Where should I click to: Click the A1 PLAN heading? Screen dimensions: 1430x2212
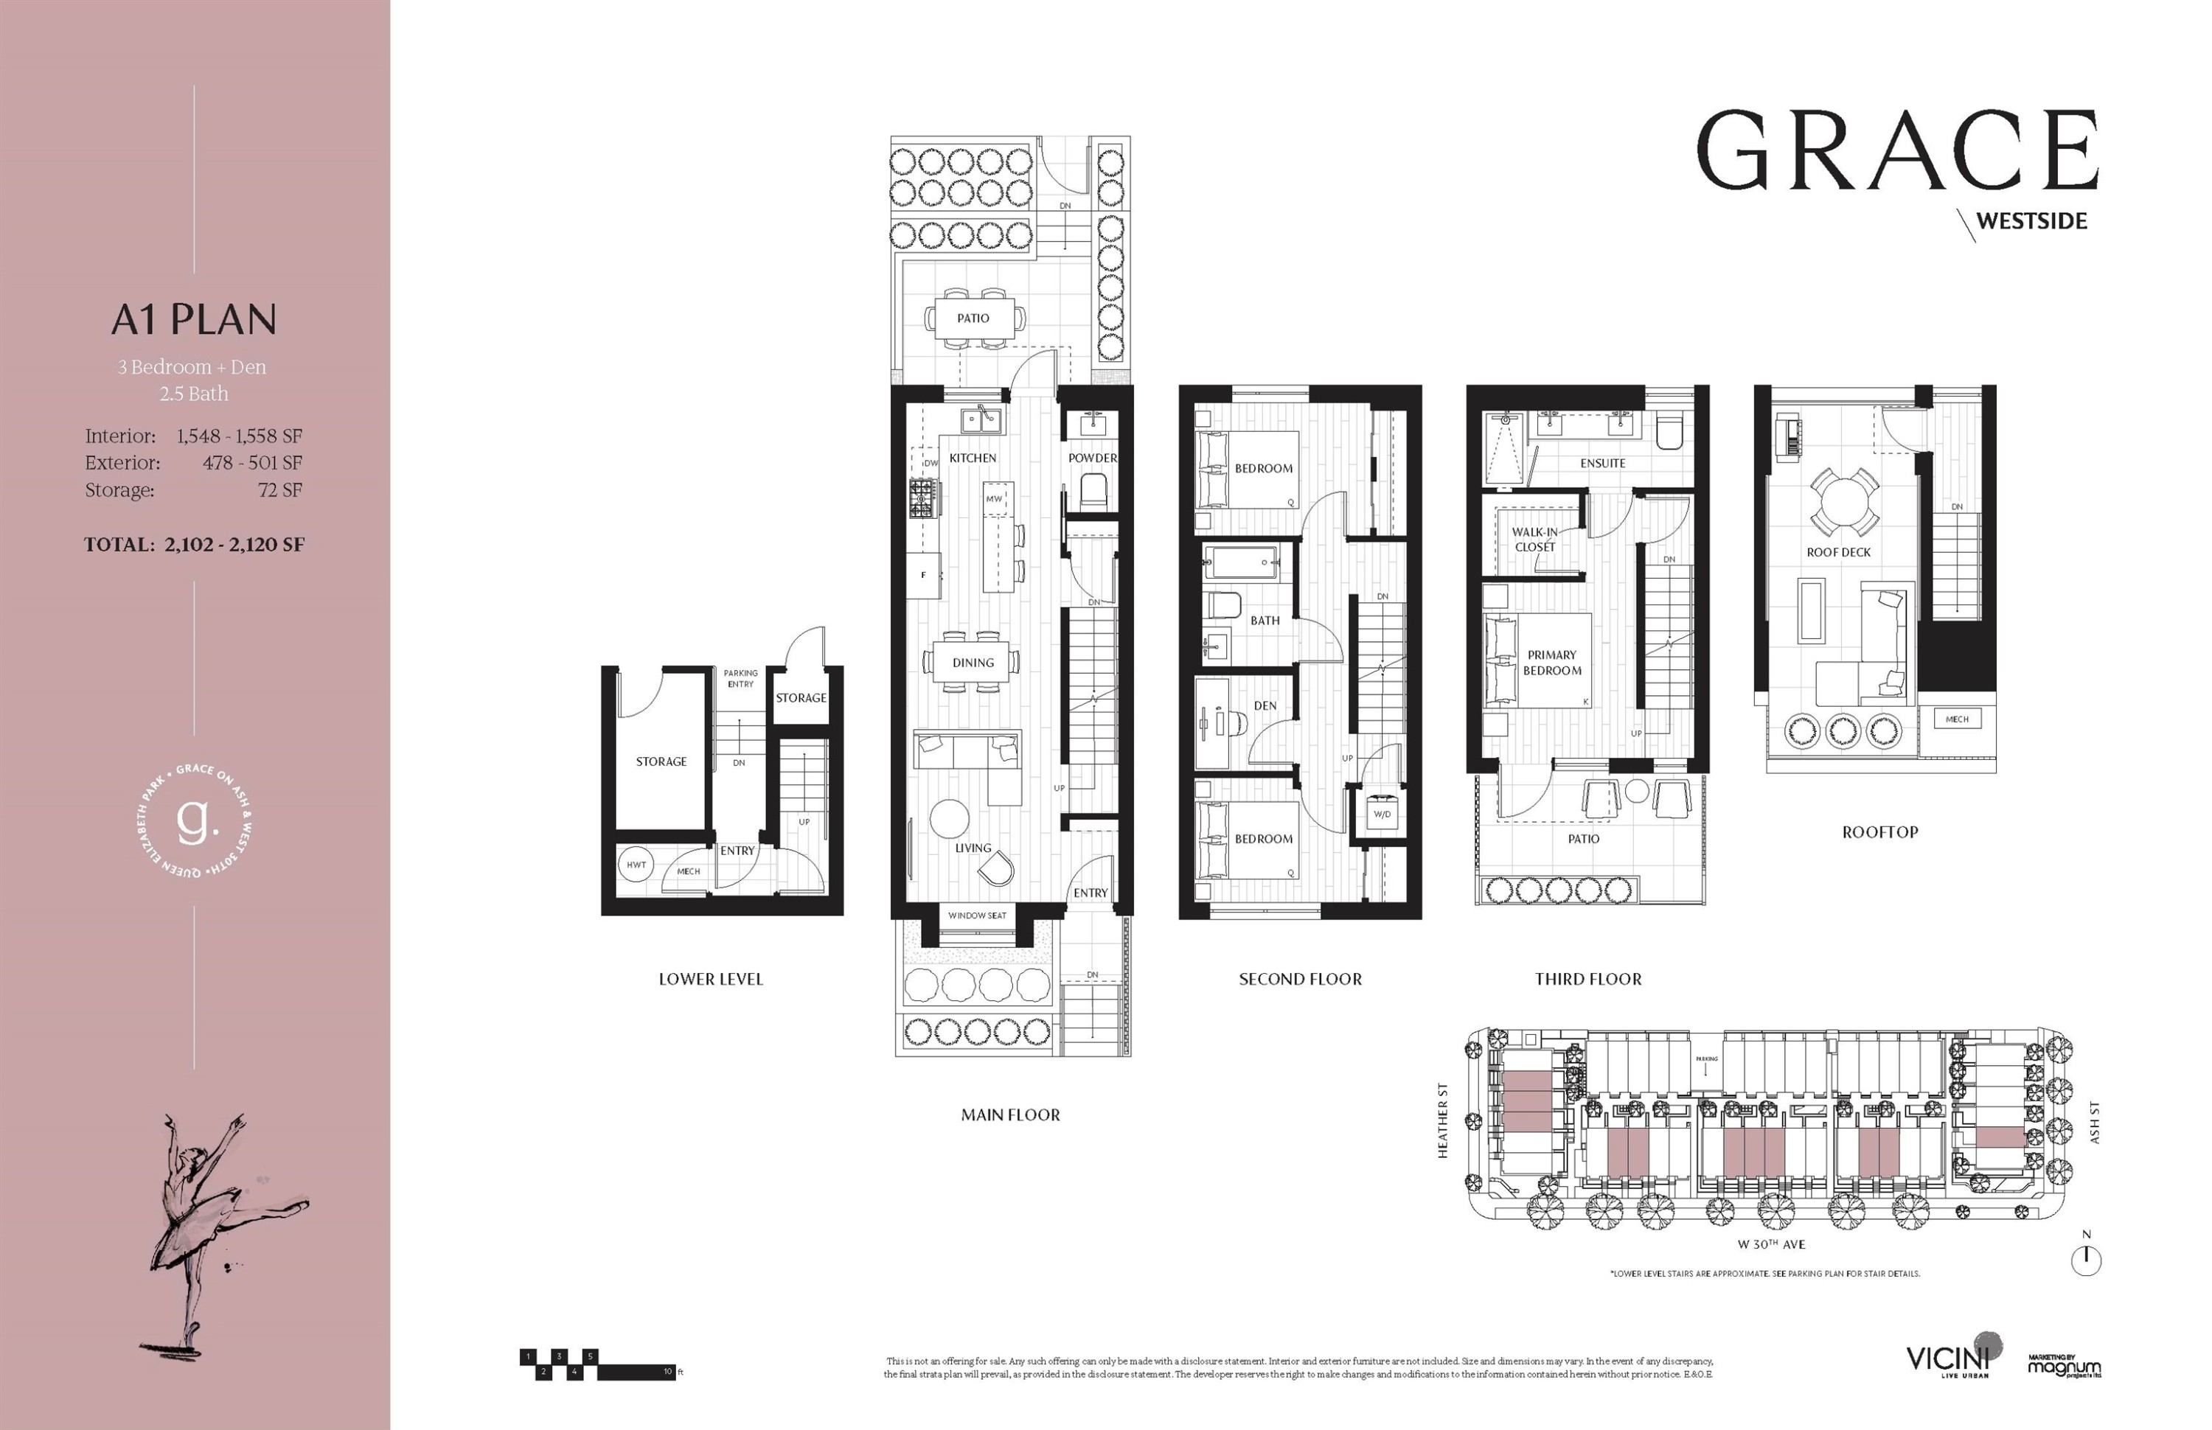tap(194, 319)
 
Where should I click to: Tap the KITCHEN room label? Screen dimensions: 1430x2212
tap(973, 458)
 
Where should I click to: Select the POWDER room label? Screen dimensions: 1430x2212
tap(1092, 458)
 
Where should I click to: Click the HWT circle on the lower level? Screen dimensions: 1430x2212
tap(636, 865)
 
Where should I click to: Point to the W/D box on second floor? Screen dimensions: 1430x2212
tap(1382, 815)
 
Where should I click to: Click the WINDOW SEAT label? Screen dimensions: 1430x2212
tap(977, 915)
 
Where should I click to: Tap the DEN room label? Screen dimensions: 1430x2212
tap(1265, 705)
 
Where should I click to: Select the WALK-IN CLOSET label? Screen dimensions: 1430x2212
tap(1534, 540)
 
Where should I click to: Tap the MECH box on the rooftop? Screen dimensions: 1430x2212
tap(1957, 719)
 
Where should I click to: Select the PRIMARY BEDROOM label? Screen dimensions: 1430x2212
tap(1552, 662)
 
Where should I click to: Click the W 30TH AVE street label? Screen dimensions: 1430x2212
tap(1771, 1244)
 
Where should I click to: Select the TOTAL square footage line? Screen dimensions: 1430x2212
tap(194, 545)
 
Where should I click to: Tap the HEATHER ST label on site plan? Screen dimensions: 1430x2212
tap(1443, 1120)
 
